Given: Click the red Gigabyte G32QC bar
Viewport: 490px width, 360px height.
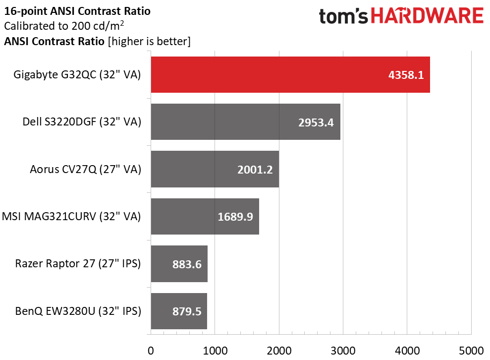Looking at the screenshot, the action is [x=290, y=74].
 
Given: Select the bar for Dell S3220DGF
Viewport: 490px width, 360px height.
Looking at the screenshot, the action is [x=246, y=121].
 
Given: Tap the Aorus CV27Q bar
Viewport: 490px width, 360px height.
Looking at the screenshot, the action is [x=215, y=169].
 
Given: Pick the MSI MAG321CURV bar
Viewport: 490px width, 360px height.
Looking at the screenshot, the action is [x=205, y=216].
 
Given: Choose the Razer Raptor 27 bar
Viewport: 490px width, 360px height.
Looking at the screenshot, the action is [x=179, y=264].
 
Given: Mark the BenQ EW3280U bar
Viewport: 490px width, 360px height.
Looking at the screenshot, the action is [x=179, y=311].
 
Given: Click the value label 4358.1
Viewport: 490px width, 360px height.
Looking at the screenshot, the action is [x=406, y=75].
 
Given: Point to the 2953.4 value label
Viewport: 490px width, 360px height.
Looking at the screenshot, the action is [x=316, y=122].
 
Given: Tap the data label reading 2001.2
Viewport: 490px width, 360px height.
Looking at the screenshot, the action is [x=255, y=170].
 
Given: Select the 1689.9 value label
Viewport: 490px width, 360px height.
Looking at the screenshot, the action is [x=235, y=217].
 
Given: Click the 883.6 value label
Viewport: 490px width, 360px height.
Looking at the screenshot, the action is [x=187, y=264].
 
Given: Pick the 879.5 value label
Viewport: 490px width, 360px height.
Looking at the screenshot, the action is [x=187, y=311].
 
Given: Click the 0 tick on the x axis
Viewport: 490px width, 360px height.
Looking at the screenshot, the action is [x=151, y=351].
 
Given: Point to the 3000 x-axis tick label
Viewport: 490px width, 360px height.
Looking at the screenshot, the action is [x=343, y=351].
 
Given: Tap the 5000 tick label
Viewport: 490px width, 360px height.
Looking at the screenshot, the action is [x=471, y=351].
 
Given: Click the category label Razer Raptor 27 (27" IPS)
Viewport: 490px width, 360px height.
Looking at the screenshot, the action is [x=78, y=264].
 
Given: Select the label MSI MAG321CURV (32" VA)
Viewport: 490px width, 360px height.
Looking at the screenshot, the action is [x=71, y=216].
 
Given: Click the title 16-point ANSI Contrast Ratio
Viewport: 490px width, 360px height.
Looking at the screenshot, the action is [x=77, y=11].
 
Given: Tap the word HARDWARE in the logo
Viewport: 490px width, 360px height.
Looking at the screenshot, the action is [x=427, y=16].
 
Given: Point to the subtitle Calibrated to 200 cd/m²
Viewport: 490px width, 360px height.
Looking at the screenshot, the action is [x=64, y=26].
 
